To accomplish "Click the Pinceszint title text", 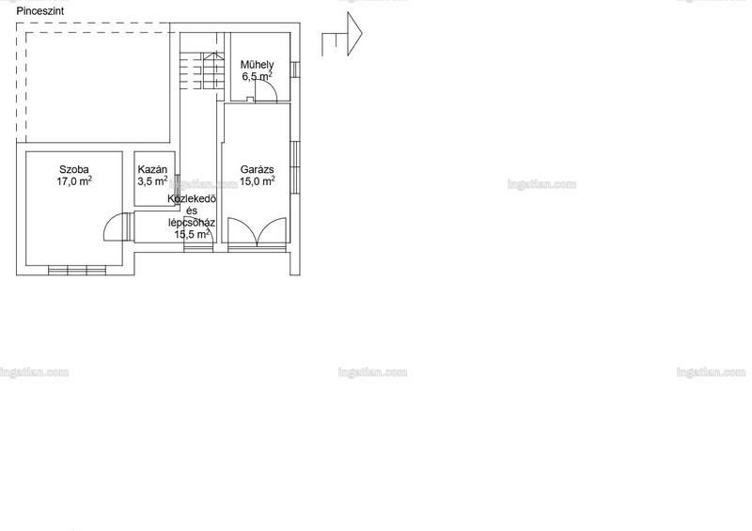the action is pyautogui.click(x=40, y=11).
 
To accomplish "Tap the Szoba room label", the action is pyautogui.click(x=74, y=169).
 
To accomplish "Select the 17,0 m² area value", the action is pyautogui.click(x=74, y=181).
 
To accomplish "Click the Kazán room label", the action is pyautogui.click(x=152, y=169).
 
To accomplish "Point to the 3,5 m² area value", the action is pyautogui.click(x=152, y=181).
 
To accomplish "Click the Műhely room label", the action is pyautogui.click(x=257, y=64).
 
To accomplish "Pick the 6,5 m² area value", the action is pyautogui.click(x=258, y=76).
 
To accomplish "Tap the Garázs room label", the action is pyautogui.click(x=257, y=169).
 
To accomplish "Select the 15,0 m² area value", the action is pyautogui.click(x=258, y=181).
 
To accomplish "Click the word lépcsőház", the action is pyautogui.click(x=192, y=223).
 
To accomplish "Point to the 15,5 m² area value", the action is pyautogui.click(x=192, y=235).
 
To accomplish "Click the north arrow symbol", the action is pyautogui.click(x=342, y=34).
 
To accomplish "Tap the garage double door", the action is pyautogui.click(x=257, y=233).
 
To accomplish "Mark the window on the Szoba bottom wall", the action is pyautogui.click(x=77, y=270).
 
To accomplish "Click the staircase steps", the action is pyautogui.click(x=202, y=70).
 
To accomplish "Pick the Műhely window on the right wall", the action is pyautogui.click(x=295, y=70).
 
